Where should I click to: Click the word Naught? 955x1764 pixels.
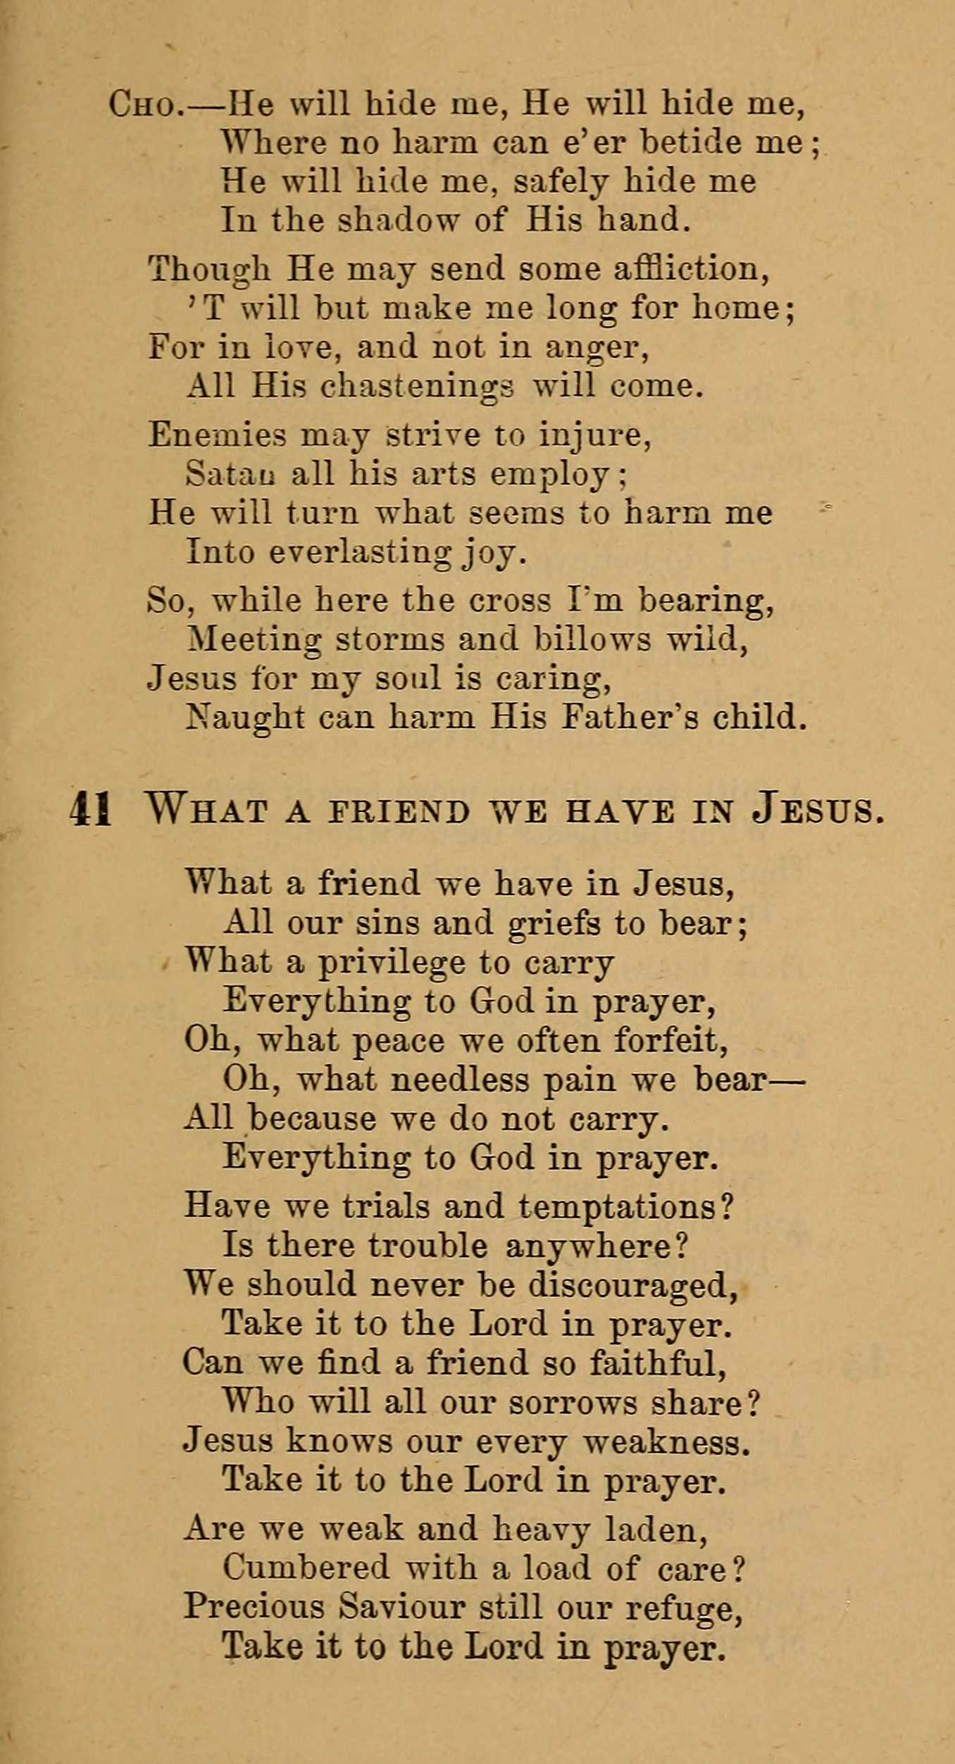pos(245,718)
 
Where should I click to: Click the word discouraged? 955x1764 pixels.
pos(632,1284)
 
